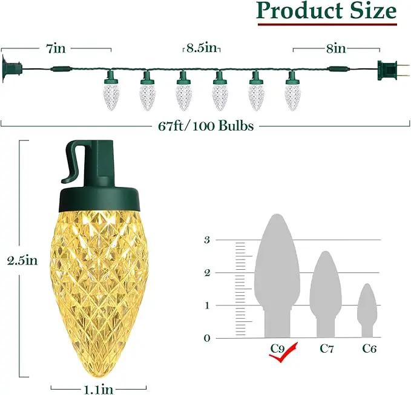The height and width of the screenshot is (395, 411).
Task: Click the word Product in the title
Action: tap(300, 11)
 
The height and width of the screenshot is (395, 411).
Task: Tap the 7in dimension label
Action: tap(56, 49)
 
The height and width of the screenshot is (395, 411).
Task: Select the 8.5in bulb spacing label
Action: tap(202, 48)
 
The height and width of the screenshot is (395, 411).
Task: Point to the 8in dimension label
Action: tap(336, 49)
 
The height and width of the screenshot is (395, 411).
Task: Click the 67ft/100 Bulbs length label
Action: tap(206, 126)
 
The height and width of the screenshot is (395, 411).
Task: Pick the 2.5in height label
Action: tap(22, 261)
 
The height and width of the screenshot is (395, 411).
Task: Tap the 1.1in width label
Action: tap(99, 390)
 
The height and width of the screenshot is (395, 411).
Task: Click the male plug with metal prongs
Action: tap(393, 70)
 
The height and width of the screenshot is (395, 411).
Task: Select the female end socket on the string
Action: tap(12, 69)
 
